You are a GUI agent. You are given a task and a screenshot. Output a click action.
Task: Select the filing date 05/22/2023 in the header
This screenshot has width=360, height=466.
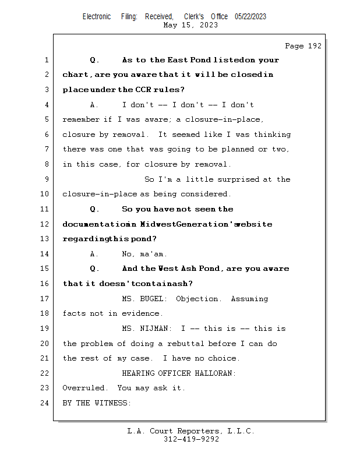(x=250, y=17)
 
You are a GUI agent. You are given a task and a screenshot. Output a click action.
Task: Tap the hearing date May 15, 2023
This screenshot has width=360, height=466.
(x=190, y=25)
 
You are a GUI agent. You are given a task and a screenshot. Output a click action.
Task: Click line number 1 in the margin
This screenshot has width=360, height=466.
(x=45, y=60)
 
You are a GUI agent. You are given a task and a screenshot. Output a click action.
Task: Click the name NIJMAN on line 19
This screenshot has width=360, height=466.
(x=156, y=329)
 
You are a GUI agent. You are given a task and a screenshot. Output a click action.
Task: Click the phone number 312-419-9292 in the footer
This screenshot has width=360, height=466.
(x=190, y=439)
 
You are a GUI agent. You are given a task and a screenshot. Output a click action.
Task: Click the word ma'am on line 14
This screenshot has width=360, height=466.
(x=153, y=254)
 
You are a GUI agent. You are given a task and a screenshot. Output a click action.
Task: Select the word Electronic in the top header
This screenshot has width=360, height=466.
(x=97, y=17)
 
